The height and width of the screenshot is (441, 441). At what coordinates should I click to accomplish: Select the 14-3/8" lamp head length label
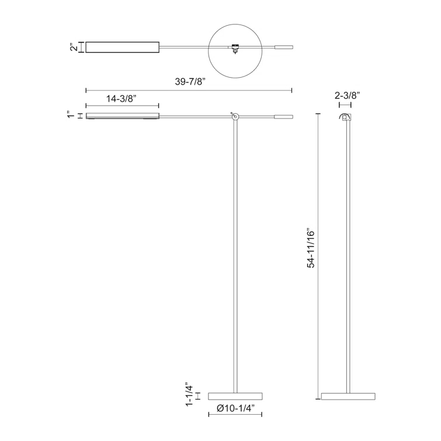(x=122, y=99)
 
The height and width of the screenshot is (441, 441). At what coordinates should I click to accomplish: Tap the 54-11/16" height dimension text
(x=311, y=248)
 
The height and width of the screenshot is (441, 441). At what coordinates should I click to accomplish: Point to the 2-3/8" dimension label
(x=347, y=94)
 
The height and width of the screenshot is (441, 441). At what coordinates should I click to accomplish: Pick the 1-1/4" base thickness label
(x=189, y=395)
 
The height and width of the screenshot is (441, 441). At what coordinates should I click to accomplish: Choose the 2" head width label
(x=74, y=47)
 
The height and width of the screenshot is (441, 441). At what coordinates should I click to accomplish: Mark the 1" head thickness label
(x=71, y=116)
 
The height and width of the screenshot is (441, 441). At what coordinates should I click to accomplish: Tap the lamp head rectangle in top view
(x=122, y=47)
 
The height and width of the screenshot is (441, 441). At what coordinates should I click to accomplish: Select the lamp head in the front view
(x=122, y=116)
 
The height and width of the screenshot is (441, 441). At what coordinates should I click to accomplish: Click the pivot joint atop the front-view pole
(x=234, y=116)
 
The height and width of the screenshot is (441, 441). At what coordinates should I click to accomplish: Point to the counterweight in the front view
(x=283, y=117)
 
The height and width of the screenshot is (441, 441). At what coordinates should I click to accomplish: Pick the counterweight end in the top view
(x=283, y=47)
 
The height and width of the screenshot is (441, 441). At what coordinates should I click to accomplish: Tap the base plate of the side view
(x=348, y=396)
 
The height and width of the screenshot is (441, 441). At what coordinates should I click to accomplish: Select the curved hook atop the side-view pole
(x=346, y=117)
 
